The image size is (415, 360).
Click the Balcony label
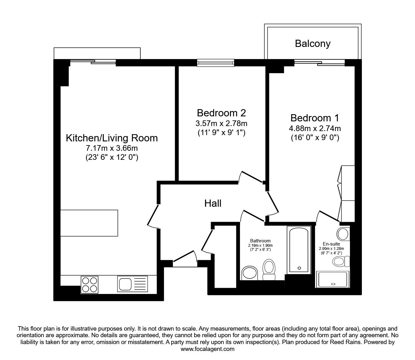pos(312,43)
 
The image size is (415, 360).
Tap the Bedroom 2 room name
pos(221,113)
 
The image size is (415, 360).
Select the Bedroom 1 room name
pos(315,118)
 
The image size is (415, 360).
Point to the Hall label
pos(213,203)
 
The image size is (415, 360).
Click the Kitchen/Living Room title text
pos(112,138)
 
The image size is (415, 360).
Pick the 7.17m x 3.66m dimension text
pos(112,148)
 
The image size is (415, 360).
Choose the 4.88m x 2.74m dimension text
pos(315,128)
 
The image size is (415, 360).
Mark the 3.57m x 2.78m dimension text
pos(221,123)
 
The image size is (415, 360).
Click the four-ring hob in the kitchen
pos(90,285)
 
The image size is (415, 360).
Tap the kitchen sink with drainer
pos(132,284)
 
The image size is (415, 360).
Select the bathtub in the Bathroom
pos(299,250)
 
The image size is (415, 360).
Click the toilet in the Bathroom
pos(269,270)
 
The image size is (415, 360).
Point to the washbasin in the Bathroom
pos(250,273)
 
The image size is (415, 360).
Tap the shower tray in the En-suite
pos(333,279)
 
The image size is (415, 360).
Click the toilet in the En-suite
pos(341,261)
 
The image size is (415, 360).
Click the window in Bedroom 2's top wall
pos(216,63)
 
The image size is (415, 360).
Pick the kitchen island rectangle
pos(89,223)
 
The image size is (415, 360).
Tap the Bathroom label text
pos(260,241)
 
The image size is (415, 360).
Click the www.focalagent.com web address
pos(207,349)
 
